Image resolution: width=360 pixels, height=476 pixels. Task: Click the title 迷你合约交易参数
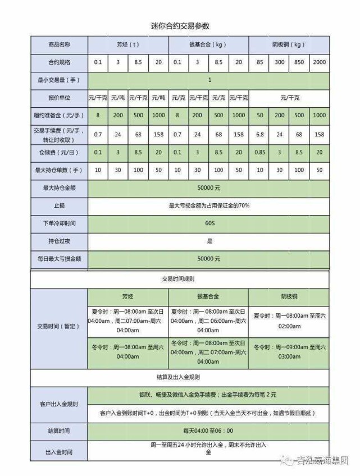(180, 26)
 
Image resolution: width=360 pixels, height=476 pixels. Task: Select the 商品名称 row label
(59, 44)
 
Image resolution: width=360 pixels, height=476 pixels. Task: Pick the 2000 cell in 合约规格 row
(318, 62)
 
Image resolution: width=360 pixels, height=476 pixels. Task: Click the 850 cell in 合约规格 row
(299, 62)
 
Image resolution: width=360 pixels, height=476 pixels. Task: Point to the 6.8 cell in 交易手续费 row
(259, 135)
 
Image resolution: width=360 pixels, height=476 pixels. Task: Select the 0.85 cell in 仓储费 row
(259, 152)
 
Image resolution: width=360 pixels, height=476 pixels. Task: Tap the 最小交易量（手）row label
(59, 80)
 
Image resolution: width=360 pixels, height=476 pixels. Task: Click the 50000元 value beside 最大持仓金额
(209, 188)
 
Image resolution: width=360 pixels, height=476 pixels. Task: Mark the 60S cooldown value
(209, 223)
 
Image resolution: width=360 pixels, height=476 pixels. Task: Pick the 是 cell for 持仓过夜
(209, 241)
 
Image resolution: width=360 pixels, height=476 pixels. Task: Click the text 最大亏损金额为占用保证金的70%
(209, 205)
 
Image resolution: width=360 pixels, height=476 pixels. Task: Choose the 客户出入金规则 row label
(59, 404)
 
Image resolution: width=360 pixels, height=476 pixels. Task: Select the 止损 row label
(59, 205)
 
